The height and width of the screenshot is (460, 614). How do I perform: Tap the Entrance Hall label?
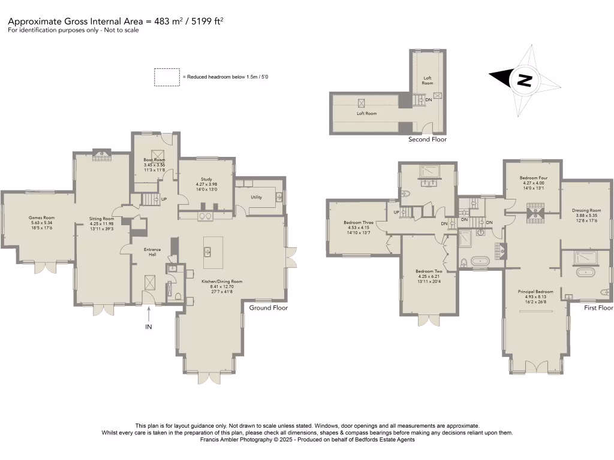point(153,252)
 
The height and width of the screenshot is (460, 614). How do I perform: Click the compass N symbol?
point(524,80)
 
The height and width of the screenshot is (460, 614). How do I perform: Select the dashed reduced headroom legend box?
point(166,77)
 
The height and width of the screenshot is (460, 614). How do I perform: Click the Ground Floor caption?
point(269,308)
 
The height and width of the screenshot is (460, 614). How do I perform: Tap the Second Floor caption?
point(428,140)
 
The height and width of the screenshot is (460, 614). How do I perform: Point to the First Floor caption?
point(598,308)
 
